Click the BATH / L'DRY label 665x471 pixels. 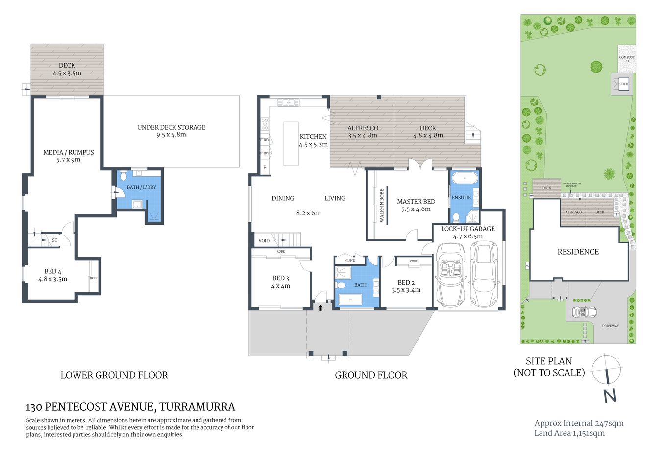(141, 187)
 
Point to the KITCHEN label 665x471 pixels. (313, 137)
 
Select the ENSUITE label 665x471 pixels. (461, 198)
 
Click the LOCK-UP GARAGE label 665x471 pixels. (468, 229)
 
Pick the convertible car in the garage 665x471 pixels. (450, 275)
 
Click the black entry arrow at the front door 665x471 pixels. (320, 308)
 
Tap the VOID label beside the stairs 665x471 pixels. (264, 241)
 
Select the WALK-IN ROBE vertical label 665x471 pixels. (382, 206)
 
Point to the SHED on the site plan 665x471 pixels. (623, 84)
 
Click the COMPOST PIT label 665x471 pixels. (626, 59)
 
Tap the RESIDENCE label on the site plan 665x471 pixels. (578, 252)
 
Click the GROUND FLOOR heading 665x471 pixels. (371, 375)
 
